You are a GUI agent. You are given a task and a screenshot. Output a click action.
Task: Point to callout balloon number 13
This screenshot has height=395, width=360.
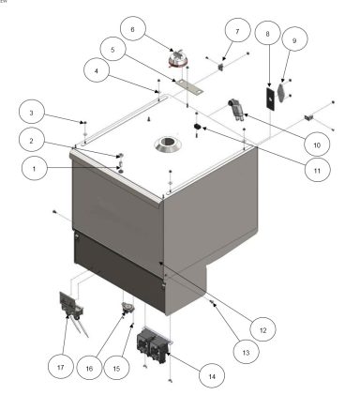pyautogui.click(x=243, y=352)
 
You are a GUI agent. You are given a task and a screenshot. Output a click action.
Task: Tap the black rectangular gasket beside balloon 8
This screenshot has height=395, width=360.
pyautogui.click(x=268, y=98)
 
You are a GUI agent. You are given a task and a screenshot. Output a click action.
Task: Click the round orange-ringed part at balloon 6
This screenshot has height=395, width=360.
pyautogui.click(x=177, y=60)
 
